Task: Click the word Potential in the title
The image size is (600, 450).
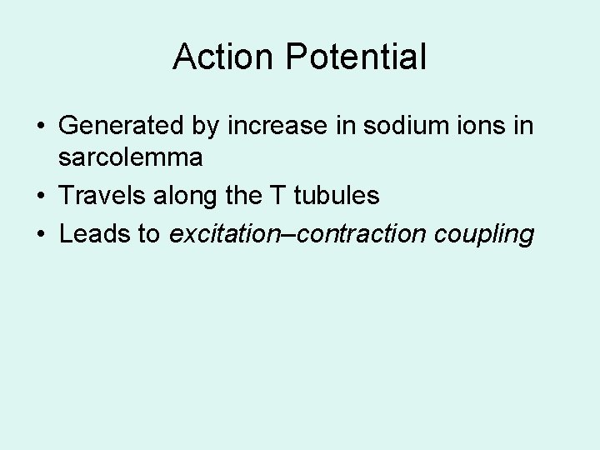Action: (356, 57)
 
